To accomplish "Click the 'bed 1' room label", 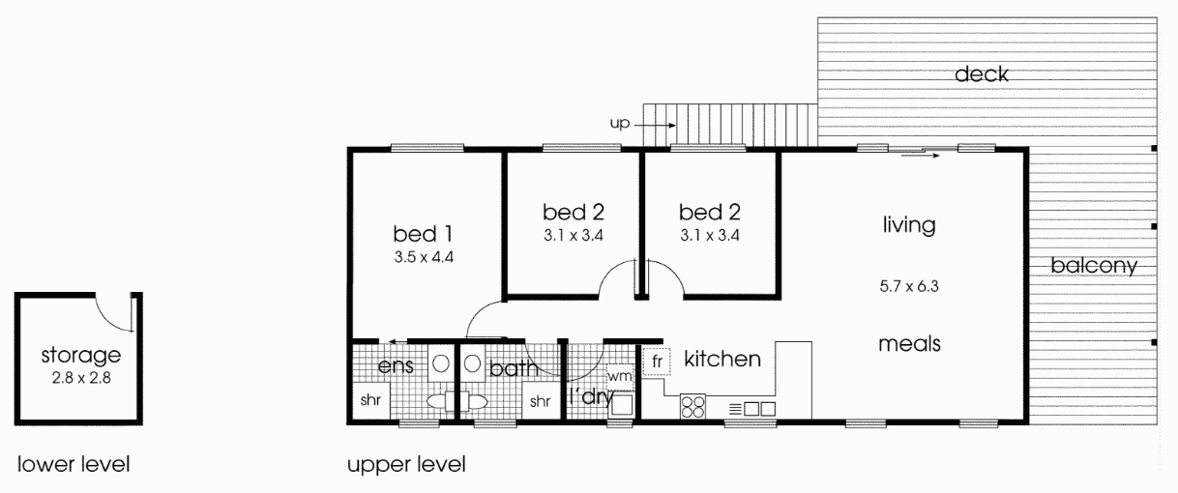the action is [x=423, y=234].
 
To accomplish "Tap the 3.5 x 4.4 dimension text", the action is [x=424, y=257].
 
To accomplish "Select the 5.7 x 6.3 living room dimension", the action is [x=909, y=286].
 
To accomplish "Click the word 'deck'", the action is [x=982, y=74].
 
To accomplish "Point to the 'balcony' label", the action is [x=1094, y=266].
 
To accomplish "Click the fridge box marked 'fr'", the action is [x=657, y=362].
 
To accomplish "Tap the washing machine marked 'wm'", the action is [x=620, y=377].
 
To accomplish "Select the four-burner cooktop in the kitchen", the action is [x=692, y=406].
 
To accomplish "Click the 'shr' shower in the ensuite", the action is [x=370, y=400].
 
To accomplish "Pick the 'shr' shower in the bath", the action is [x=541, y=401].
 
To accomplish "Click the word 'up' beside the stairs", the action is [x=620, y=124].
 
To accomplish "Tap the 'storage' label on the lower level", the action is [x=81, y=356].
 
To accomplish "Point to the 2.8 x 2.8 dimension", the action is [x=81, y=378].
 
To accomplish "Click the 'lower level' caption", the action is [x=74, y=465].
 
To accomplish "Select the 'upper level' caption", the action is [x=406, y=465].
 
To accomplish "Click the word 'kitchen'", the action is [x=722, y=359].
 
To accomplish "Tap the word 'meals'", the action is [x=909, y=344].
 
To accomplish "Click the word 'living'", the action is [x=909, y=225].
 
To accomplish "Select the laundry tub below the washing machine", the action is [x=621, y=405].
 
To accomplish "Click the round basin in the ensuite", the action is [x=441, y=363].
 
